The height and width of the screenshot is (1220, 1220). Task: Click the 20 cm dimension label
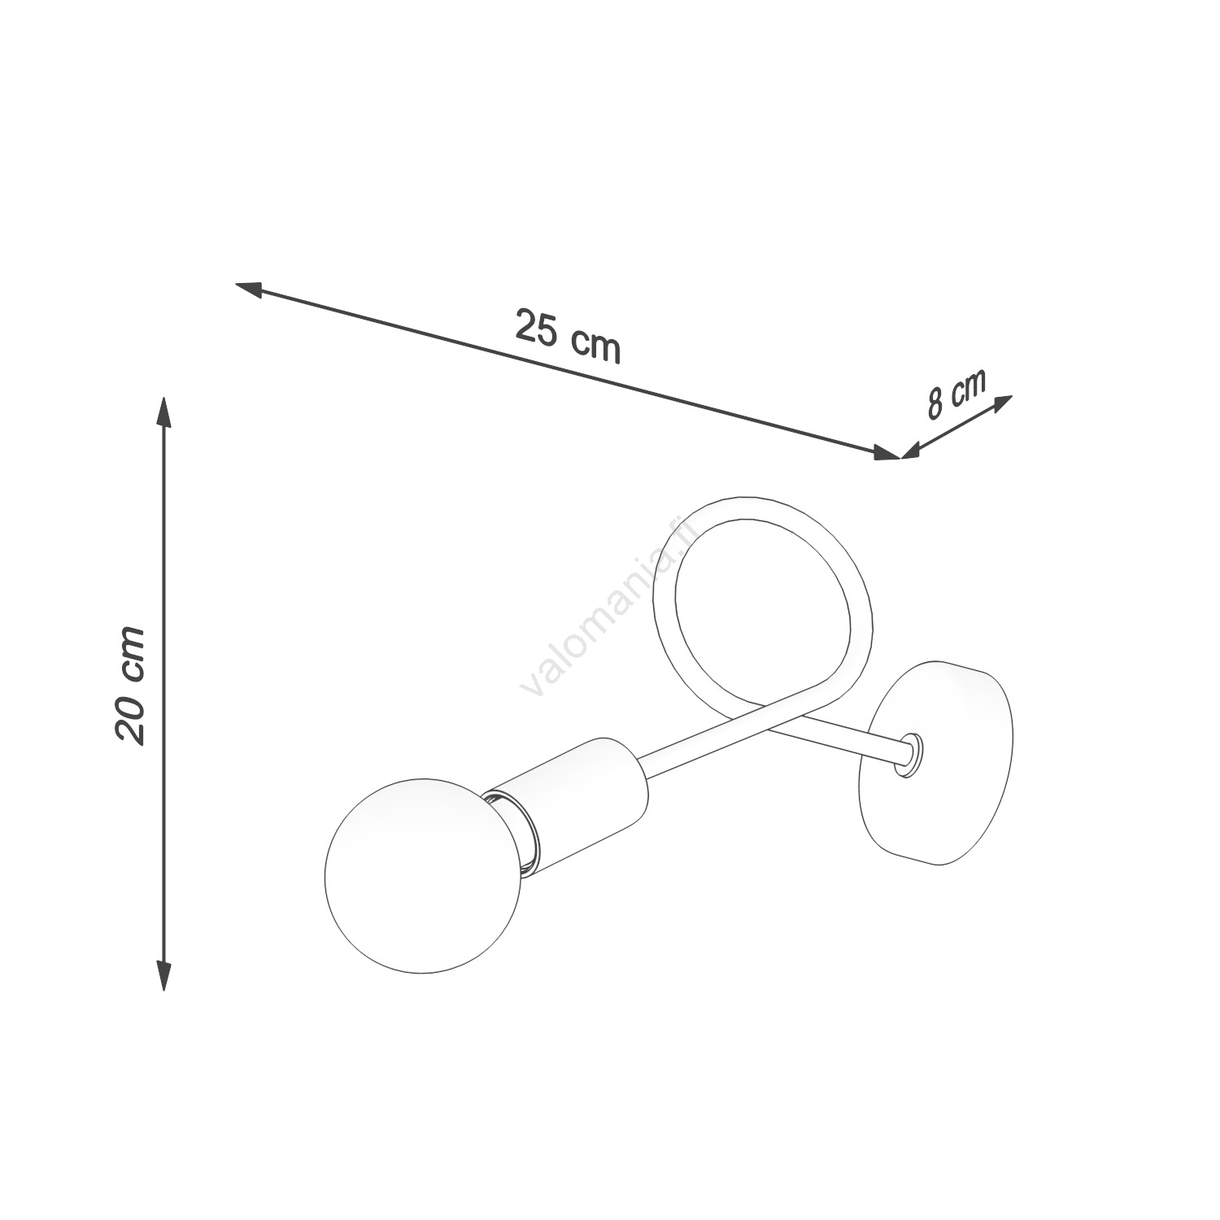coord(130,685)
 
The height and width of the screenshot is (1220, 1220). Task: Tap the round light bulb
coord(421,874)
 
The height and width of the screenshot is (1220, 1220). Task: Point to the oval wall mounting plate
coord(939,763)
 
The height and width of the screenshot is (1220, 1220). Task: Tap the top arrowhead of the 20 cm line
coord(164,412)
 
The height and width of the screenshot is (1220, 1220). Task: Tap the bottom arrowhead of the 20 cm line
coord(164,974)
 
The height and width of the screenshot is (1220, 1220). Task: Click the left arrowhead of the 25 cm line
coord(248,288)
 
